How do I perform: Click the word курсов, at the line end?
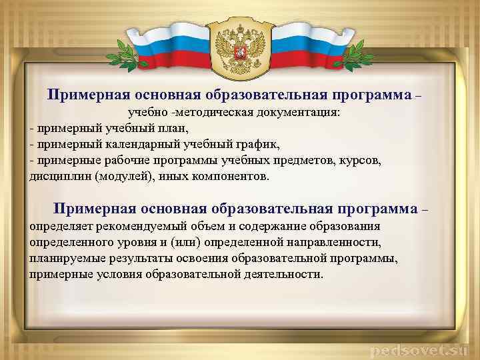pos(360,161)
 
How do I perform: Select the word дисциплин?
pos(60,177)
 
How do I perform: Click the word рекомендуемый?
pos(133,227)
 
